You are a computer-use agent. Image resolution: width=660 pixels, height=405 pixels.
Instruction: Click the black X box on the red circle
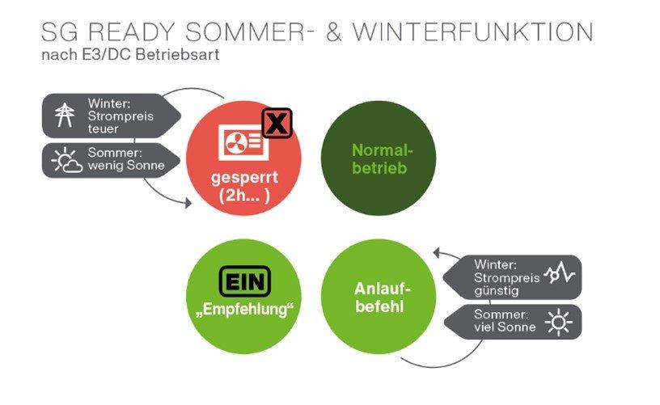click(x=277, y=124)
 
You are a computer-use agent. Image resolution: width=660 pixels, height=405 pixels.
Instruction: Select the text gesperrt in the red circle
click(x=243, y=177)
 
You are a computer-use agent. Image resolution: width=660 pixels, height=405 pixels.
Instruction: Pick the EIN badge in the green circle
click(x=245, y=281)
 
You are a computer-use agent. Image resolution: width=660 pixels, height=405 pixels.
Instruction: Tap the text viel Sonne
click(x=499, y=327)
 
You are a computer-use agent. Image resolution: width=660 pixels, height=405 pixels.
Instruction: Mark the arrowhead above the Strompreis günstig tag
click(x=435, y=253)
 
